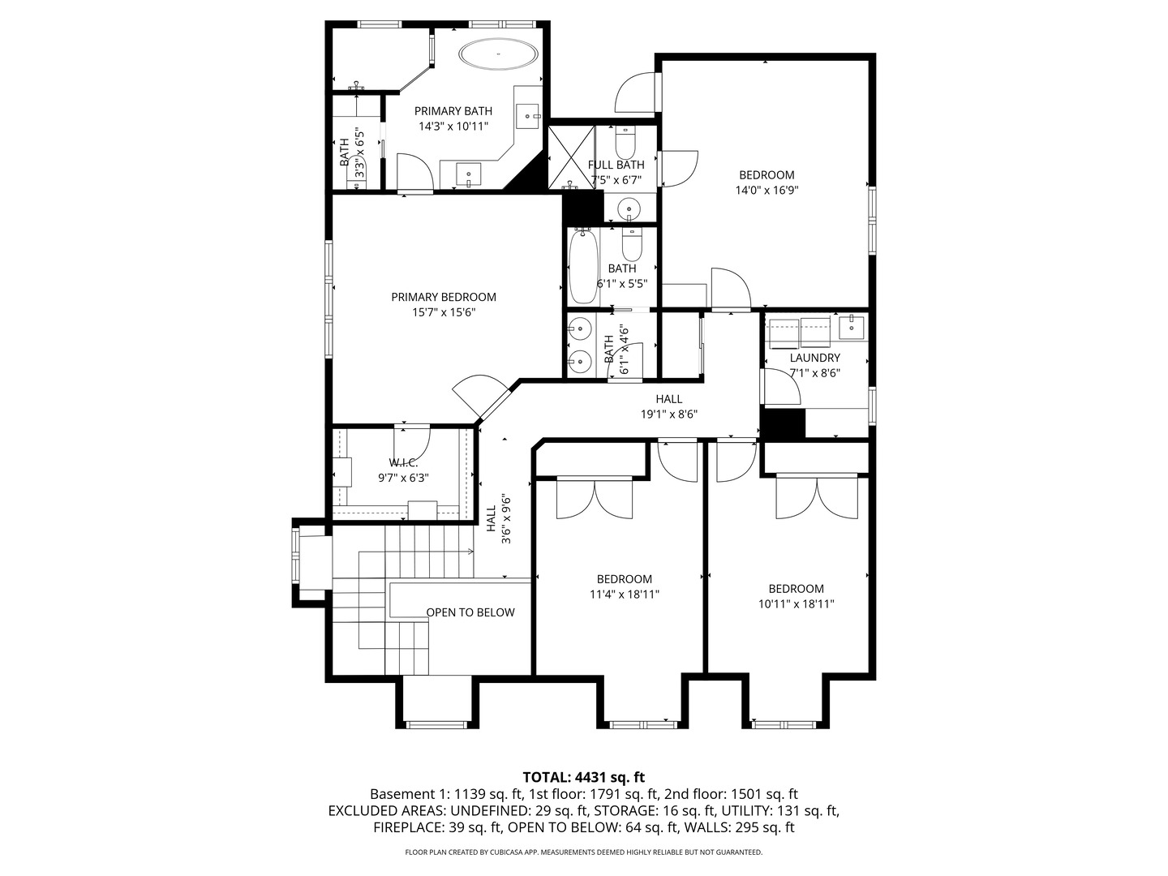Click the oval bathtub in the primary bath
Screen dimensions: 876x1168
point(498,55)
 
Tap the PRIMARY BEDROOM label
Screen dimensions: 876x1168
point(443,297)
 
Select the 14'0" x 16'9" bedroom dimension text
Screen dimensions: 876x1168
point(766,191)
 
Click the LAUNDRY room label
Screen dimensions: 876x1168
point(814,358)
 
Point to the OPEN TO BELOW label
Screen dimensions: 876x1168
point(470,612)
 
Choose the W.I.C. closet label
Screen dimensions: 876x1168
point(403,462)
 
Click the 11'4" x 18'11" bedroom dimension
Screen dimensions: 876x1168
point(624,595)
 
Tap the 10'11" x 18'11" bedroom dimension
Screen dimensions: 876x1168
point(796,604)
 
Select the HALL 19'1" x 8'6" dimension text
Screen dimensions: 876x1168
point(668,414)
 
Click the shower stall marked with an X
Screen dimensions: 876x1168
point(571,156)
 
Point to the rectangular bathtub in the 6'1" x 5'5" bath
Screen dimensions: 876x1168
point(582,266)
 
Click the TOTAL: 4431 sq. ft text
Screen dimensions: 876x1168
point(583,777)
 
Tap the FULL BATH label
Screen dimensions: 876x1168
point(616,165)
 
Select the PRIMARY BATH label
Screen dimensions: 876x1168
point(453,111)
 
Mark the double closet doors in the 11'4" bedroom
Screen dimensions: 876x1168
point(595,498)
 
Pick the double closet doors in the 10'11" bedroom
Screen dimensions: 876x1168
point(816,498)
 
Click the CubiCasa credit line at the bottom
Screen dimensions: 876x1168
point(583,852)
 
